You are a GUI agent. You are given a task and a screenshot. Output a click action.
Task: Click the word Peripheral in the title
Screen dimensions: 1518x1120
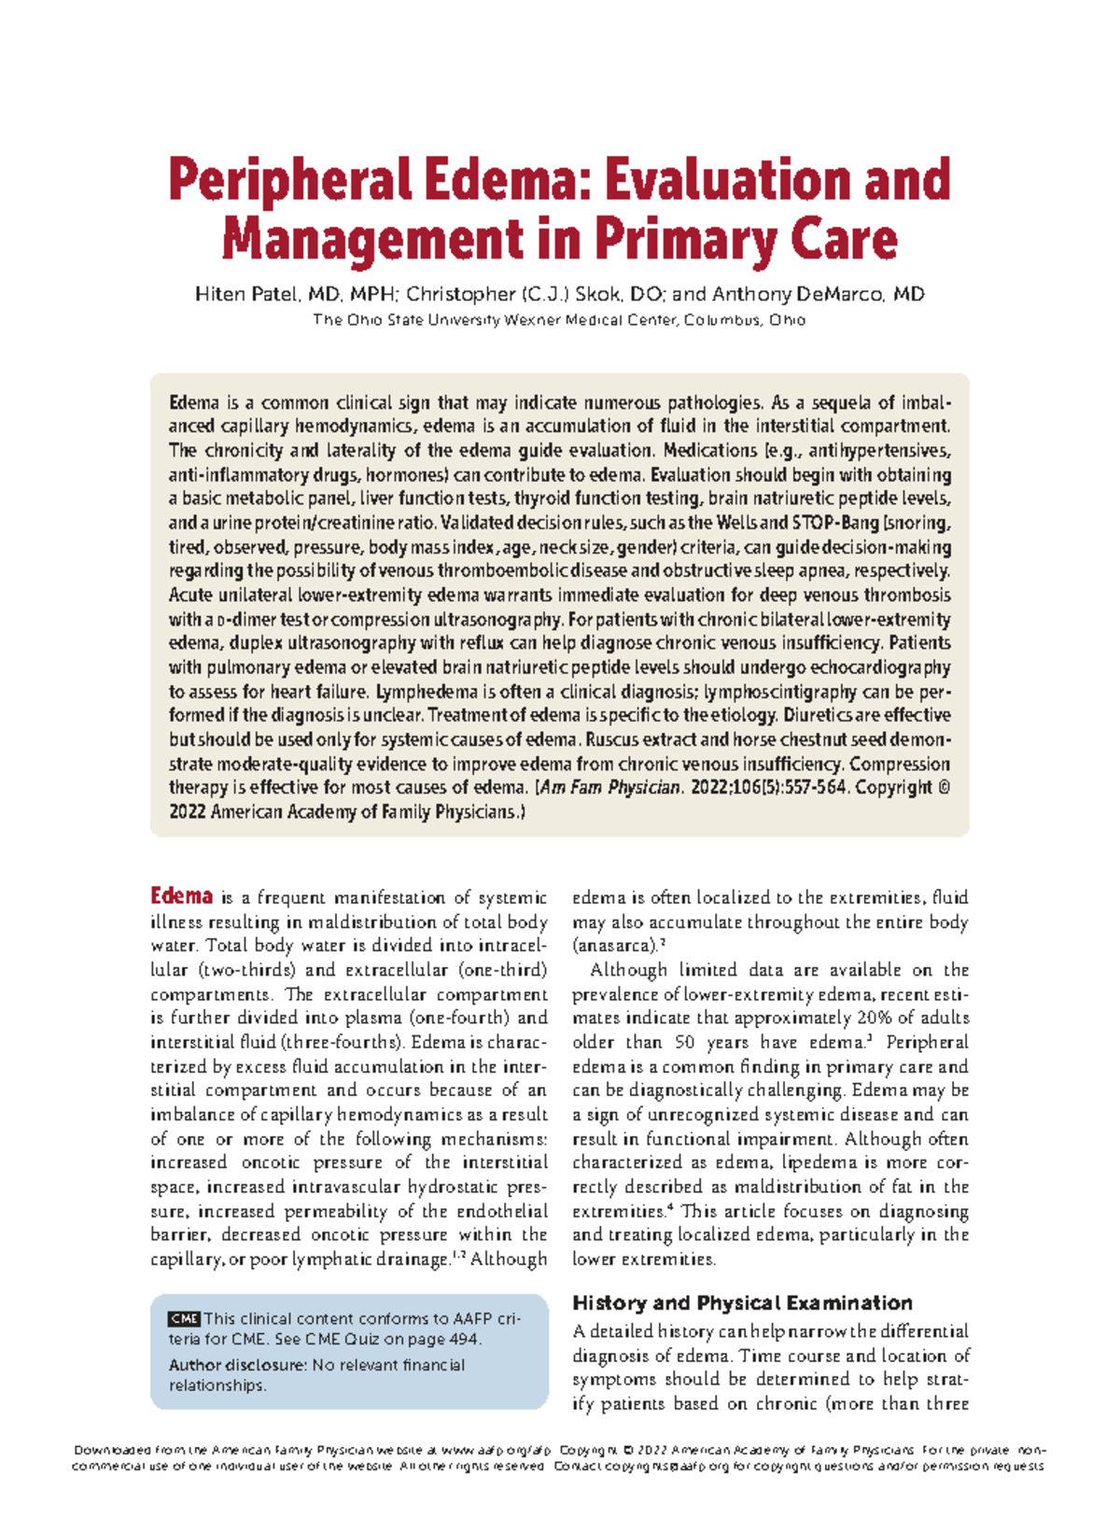point(289,181)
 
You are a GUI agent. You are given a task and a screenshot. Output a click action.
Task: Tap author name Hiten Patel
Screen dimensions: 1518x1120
point(248,295)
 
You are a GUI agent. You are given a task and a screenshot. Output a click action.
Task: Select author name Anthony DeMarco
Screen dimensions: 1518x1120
point(818,295)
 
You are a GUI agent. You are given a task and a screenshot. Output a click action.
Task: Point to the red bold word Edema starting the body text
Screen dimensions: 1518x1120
point(182,896)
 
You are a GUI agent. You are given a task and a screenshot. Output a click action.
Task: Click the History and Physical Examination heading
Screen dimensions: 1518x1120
point(742,1303)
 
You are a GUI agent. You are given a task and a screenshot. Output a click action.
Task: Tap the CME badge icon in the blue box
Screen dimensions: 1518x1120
point(184,1319)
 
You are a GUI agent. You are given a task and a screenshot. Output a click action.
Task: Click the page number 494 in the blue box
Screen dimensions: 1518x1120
point(463,1340)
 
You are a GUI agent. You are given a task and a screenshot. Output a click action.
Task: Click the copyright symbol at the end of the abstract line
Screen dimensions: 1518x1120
point(943,787)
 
